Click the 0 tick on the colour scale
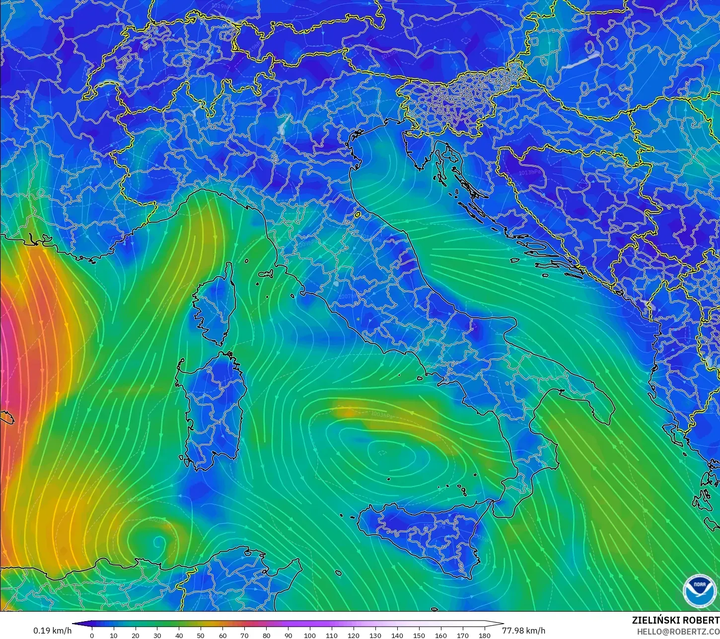click(92, 635)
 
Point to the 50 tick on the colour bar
click(201, 635)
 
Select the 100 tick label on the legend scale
click(310, 635)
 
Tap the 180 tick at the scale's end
click(484, 635)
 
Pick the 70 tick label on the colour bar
click(244, 635)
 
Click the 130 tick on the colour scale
click(375, 635)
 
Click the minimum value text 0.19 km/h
click(52, 631)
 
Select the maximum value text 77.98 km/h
click(523, 631)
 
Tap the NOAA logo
click(699, 590)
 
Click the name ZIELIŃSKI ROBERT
click(675, 620)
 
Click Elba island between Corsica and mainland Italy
click(266, 274)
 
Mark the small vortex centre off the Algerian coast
click(158, 541)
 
